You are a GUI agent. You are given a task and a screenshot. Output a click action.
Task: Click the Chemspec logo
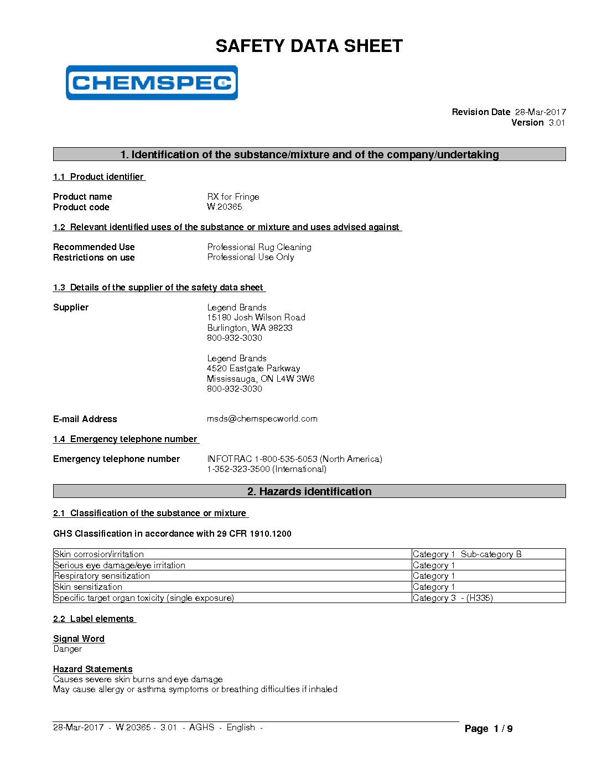(x=152, y=83)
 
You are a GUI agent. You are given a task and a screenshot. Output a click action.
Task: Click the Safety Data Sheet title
(x=309, y=46)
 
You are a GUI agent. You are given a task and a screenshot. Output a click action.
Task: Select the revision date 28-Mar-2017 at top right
(x=540, y=112)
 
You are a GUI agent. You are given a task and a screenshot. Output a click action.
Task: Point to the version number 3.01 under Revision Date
(x=557, y=122)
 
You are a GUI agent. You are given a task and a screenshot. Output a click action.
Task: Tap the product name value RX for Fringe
(x=233, y=196)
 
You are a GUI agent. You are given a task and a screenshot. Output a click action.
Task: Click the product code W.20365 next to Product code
(x=224, y=206)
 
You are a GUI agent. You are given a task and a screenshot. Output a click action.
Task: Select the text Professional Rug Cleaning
(x=259, y=247)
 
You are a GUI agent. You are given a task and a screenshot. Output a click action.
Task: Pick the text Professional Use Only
(x=250, y=257)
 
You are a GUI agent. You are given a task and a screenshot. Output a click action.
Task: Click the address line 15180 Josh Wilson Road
(x=256, y=317)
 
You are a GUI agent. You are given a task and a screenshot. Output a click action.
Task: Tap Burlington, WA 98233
(x=250, y=328)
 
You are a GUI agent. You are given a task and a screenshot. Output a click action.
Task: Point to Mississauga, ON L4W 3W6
(x=261, y=378)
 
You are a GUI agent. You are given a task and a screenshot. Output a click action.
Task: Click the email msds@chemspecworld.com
(x=262, y=418)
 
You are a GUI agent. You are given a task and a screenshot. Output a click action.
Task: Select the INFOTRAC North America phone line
(x=294, y=459)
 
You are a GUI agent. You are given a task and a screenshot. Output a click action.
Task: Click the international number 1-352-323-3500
(x=266, y=469)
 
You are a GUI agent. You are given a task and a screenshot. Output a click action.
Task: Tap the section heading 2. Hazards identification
(x=309, y=491)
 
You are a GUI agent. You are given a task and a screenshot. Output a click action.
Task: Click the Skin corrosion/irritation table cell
(x=98, y=554)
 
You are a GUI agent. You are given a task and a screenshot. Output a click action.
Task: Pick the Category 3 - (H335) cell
(x=453, y=598)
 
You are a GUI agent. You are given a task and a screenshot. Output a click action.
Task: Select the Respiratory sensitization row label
(x=102, y=575)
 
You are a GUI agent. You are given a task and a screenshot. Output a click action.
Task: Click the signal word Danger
(x=68, y=648)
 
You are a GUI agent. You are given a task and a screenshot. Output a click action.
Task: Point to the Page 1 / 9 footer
(x=488, y=729)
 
